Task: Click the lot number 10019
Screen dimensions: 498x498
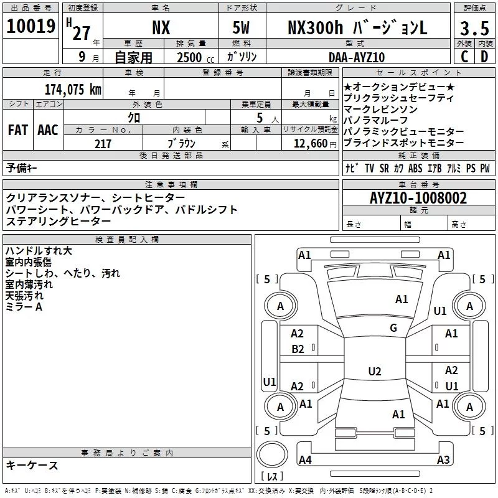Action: coord(32,27)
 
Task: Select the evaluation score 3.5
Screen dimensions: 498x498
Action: coord(474,29)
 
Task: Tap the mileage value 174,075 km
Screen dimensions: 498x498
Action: coord(73,89)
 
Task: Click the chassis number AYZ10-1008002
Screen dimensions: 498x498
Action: coord(418,198)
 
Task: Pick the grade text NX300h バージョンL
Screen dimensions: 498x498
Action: coord(357,28)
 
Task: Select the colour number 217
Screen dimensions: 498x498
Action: coord(103,144)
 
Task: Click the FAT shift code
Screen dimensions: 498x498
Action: coord(17,130)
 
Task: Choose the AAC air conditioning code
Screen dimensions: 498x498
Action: coord(47,130)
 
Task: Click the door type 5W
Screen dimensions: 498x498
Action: coord(241,28)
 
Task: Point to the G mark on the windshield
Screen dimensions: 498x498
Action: coord(393,328)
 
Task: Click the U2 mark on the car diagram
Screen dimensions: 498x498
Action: coord(374,372)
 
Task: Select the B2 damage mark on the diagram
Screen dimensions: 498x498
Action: coord(298,349)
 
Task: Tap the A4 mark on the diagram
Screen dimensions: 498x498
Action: coord(304,460)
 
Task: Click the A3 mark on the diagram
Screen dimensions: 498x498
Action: coord(443,460)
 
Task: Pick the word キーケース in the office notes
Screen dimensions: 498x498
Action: coord(32,465)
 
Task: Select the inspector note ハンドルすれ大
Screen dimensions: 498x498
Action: coord(39,251)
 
